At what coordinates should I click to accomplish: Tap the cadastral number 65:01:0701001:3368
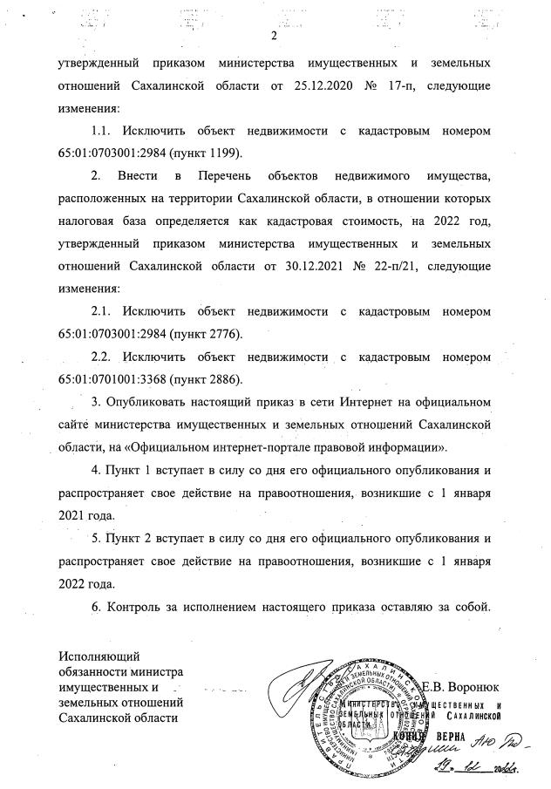112,379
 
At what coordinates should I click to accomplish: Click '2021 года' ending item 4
85,514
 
